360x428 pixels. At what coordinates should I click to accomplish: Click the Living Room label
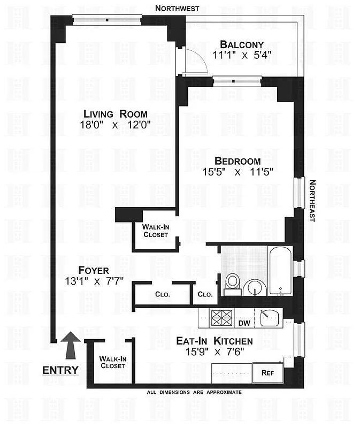pyautogui.click(x=116, y=113)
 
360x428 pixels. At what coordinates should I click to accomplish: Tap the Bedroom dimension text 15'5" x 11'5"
pyautogui.click(x=238, y=173)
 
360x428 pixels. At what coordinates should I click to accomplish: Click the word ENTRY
pyautogui.click(x=60, y=370)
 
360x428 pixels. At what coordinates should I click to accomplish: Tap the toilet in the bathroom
pyautogui.click(x=233, y=283)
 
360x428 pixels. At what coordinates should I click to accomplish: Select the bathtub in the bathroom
pyautogui.click(x=280, y=270)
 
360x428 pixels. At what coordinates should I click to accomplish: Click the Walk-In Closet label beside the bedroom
pyautogui.click(x=155, y=231)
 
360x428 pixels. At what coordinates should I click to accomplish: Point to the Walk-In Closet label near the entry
pyautogui.click(x=112, y=362)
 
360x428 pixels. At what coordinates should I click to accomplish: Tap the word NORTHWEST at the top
pyautogui.click(x=177, y=8)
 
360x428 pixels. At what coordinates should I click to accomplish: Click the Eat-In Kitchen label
pyautogui.click(x=215, y=341)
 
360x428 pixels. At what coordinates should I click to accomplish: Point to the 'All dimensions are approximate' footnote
pyautogui.click(x=194, y=392)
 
